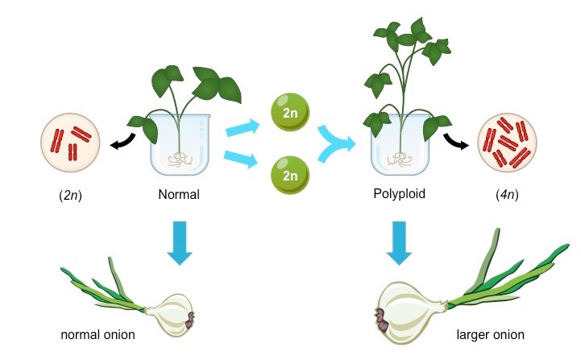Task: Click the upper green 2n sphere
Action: point(291,114)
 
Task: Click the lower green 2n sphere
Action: point(291,174)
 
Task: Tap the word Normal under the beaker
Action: point(179,194)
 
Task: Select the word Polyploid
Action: point(399,194)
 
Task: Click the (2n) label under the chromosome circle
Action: point(69,195)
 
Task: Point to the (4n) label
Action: point(511,195)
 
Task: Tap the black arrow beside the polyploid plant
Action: point(456,143)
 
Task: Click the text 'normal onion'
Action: point(97,333)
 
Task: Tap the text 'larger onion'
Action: point(490,334)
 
